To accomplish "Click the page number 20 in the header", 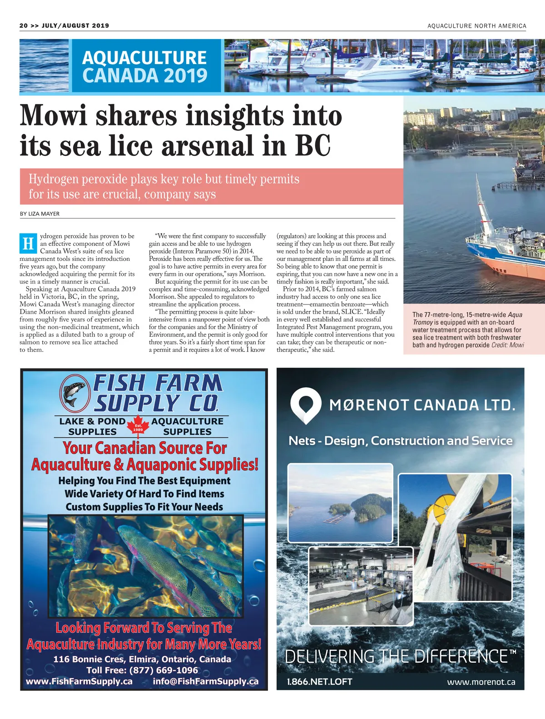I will click(x=24, y=26).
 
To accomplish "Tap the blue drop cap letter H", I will click(x=28, y=244).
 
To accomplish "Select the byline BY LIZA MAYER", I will click(x=40, y=214).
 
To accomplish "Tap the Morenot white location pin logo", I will click(x=306, y=404).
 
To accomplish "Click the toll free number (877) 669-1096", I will click(x=163, y=670).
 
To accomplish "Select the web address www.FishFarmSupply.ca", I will click(x=79, y=681).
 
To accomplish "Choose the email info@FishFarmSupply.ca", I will click(x=206, y=681).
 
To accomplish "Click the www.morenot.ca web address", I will click(x=481, y=682).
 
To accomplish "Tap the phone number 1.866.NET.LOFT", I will click(x=319, y=682).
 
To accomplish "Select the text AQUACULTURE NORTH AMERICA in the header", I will click(x=476, y=26).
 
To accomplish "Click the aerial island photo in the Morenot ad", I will click(x=340, y=502).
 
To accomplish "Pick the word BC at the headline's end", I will click(x=313, y=146).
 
